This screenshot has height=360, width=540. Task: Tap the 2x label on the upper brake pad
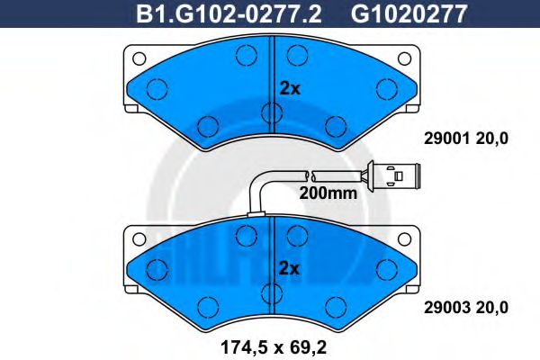[x=289, y=88]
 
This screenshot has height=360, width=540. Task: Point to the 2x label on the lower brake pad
[x=289, y=267]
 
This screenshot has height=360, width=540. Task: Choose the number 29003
[x=442, y=307]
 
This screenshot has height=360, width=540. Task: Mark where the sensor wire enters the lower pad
[x=258, y=213]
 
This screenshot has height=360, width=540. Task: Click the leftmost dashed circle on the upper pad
[x=157, y=88]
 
